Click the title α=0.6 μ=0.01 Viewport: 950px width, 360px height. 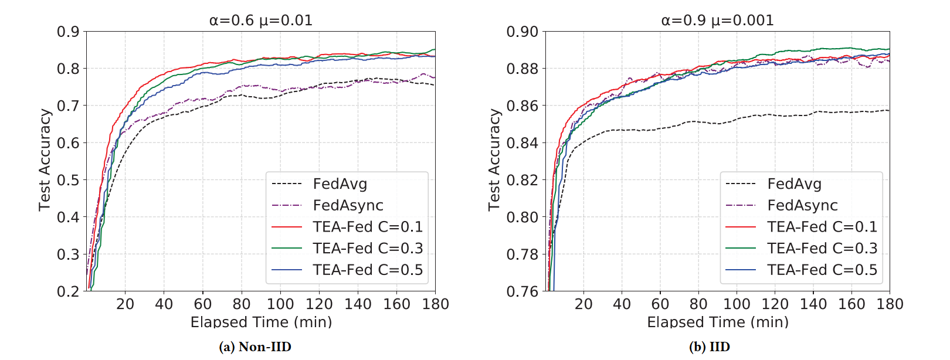point(260,21)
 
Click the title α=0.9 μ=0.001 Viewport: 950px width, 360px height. point(717,21)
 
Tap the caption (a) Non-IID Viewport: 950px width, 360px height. point(255,347)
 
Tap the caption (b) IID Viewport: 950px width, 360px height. point(710,347)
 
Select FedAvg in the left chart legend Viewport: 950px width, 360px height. point(340,184)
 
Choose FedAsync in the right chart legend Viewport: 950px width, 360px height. point(802,206)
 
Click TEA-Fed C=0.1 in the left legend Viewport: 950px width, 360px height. point(367,227)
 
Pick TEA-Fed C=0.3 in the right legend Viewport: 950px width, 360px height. point(822,249)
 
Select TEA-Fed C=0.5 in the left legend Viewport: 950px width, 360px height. point(367,270)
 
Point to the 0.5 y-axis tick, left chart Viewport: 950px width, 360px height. point(67,180)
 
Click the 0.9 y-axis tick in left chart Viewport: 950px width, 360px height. point(67,32)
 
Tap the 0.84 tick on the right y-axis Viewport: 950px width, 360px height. point(522,143)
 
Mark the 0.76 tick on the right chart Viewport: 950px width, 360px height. point(522,291)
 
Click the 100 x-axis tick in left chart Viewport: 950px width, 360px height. point(280,304)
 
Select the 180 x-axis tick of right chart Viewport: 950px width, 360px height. point(890,304)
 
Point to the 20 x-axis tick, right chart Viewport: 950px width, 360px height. point(583,304)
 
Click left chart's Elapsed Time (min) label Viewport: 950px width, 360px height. point(261,322)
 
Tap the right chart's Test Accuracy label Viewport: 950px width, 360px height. point(494,159)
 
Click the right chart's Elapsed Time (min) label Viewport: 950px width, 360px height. point(718,322)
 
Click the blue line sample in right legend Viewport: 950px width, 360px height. point(741,270)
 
